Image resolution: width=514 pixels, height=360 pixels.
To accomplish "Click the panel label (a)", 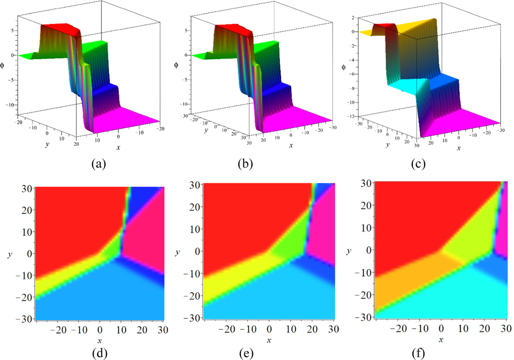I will pos(99,164).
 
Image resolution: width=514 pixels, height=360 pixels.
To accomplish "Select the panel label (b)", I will pos(245,164).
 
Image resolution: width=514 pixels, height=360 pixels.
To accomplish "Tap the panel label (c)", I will pos(418,164).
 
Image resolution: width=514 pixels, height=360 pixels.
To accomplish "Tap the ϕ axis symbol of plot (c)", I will pos(344,67).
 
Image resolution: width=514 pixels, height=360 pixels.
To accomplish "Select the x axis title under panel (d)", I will pos(99,341).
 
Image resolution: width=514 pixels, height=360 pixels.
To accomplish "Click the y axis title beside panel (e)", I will pos(178,252).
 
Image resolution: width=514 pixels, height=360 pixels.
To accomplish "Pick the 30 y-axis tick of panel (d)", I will pos(26,189).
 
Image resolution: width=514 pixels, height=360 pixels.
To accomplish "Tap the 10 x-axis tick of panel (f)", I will pos(463,329).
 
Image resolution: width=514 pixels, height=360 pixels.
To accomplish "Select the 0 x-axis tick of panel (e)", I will pos(269,329).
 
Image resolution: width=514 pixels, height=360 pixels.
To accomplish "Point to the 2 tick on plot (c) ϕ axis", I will pos(353,18).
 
